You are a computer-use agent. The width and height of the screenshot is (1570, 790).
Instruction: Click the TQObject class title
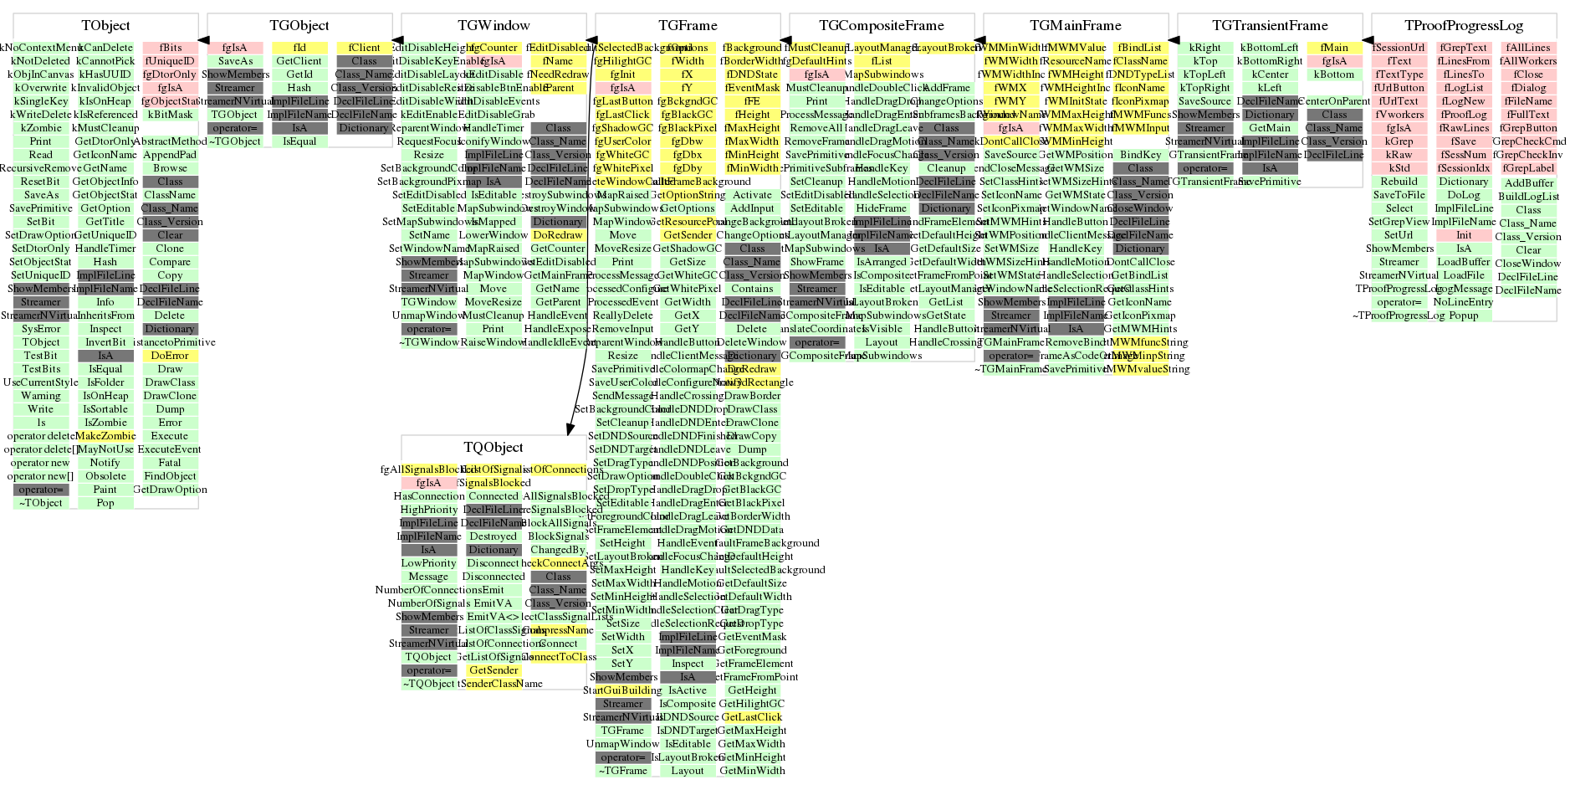click(494, 448)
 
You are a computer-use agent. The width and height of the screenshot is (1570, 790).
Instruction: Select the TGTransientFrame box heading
click(1270, 26)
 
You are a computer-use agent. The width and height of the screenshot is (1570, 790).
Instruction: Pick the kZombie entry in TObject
click(41, 128)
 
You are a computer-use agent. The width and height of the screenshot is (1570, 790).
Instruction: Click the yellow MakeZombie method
click(105, 436)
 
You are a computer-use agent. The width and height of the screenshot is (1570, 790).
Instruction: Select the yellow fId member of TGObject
click(299, 48)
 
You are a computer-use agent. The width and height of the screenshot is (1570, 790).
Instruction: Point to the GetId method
click(299, 74)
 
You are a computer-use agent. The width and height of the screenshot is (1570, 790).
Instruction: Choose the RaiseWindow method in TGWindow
click(494, 342)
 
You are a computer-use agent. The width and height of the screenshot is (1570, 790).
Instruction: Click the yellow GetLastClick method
click(752, 717)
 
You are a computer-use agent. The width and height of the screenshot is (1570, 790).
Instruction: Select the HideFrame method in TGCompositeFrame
click(882, 208)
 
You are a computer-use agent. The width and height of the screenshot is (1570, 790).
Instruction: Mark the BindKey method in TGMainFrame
click(1140, 155)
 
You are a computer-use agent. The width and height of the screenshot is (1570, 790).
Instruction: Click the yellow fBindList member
click(1140, 48)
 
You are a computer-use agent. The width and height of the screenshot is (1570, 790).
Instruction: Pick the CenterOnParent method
click(1335, 101)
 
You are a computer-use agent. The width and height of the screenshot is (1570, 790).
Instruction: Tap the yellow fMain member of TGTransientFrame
click(1334, 48)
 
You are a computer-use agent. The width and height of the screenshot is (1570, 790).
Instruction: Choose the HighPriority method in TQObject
click(429, 510)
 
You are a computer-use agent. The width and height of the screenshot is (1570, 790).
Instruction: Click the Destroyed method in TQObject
click(494, 536)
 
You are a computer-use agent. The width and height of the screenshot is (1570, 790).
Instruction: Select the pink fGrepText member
click(1464, 48)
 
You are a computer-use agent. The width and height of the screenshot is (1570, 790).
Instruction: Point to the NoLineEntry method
click(1464, 302)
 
